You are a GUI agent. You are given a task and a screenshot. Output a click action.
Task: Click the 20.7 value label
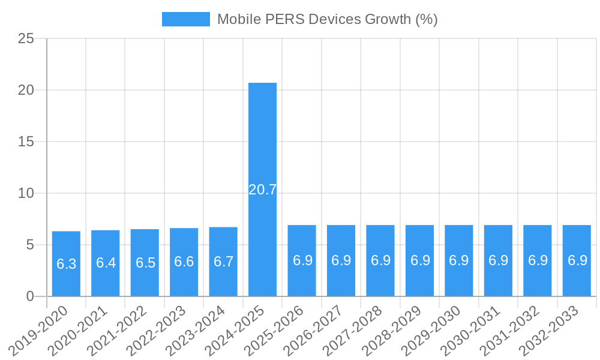(262, 190)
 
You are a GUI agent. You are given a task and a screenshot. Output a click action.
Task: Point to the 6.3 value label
(66, 264)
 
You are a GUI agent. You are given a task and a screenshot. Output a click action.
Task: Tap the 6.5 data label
(145, 263)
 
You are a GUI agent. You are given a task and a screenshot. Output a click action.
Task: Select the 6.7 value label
(223, 262)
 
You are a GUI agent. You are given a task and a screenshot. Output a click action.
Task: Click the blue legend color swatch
(185, 19)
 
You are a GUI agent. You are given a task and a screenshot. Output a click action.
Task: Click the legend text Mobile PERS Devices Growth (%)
(327, 19)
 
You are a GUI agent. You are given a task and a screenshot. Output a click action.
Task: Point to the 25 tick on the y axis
(26, 39)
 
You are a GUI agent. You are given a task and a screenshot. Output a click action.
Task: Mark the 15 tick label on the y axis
(26, 142)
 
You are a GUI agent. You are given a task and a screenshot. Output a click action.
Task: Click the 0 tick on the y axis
(30, 296)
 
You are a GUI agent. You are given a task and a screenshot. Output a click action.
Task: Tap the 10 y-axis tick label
(26, 194)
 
